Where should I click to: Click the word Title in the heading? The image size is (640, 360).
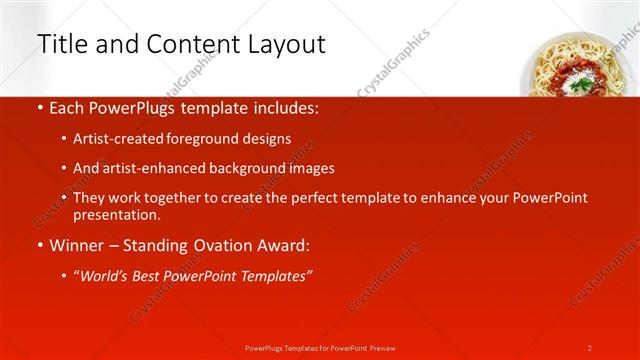(x=60, y=45)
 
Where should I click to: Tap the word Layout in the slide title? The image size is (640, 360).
(x=283, y=45)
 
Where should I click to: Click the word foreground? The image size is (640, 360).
(x=199, y=139)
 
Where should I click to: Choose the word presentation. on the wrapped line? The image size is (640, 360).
(x=116, y=215)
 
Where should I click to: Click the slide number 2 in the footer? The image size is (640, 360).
(x=589, y=347)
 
